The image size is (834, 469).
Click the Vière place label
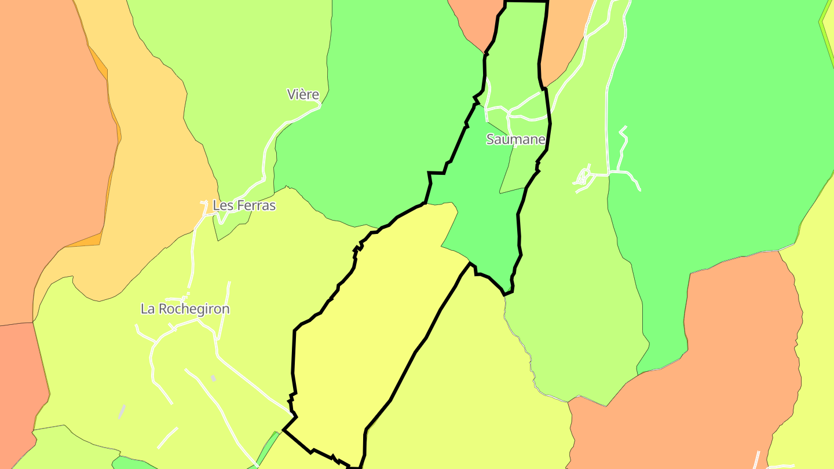coord(303,94)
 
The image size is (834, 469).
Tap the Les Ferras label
coord(244,206)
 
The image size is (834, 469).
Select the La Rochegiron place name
coord(185,309)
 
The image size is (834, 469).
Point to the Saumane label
coord(515,140)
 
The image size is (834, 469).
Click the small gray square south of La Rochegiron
coord(213,378)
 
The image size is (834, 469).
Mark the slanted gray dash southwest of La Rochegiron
coord(122,412)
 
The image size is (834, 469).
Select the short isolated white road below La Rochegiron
coord(167,437)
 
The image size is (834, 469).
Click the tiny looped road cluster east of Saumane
coord(584,177)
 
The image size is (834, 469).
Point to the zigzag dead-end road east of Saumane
coord(623,145)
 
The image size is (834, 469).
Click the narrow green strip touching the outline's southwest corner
coord(268,449)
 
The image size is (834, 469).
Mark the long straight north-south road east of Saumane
coord(608,116)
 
